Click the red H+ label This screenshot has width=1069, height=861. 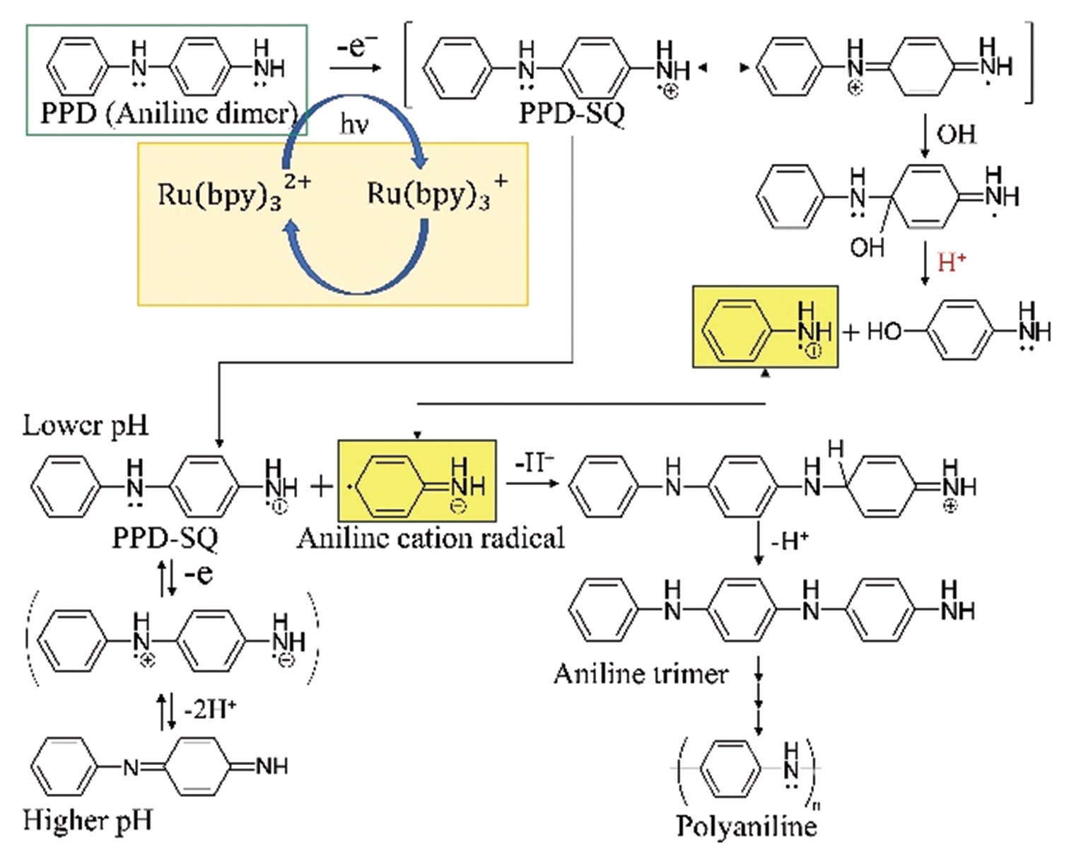[952, 263]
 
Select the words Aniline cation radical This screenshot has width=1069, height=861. [431, 538]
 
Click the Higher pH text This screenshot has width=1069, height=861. [88, 820]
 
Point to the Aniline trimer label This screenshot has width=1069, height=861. [641, 673]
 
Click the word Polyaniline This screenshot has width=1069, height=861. [746, 826]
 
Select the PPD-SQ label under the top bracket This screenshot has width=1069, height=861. [571, 114]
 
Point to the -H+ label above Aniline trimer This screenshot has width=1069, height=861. [790, 541]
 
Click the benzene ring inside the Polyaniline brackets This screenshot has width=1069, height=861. [736, 768]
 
